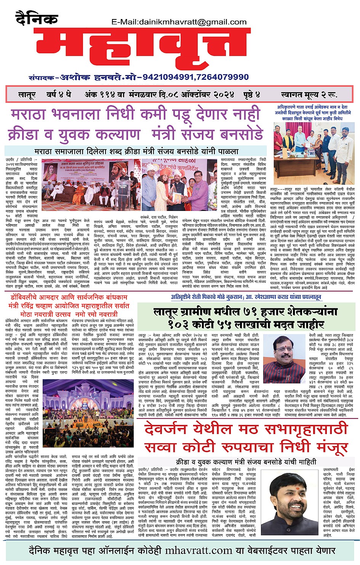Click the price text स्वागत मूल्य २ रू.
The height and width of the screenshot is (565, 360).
309,95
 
